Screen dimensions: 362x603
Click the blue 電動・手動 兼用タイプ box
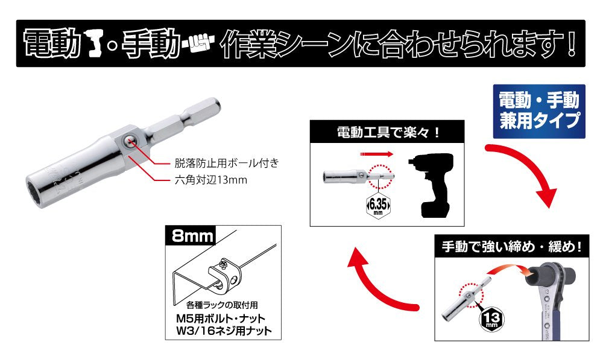coord(538,111)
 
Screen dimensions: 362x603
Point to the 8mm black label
coord(191,235)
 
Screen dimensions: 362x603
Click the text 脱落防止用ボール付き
coord(219,163)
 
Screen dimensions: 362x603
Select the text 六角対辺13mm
coord(208,180)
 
